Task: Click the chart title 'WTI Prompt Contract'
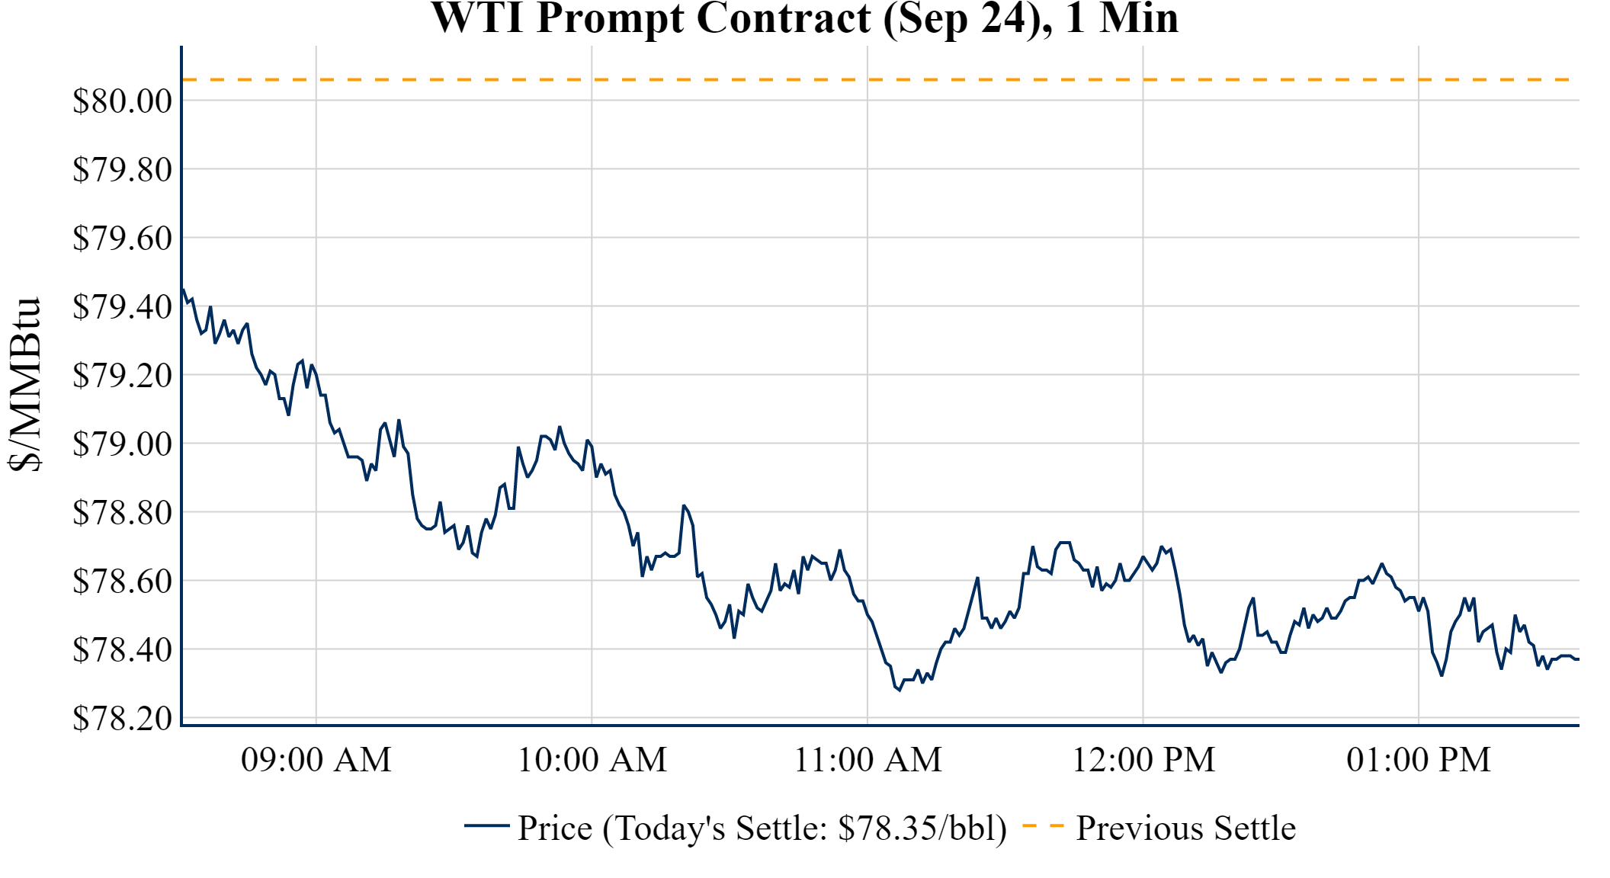click(x=804, y=18)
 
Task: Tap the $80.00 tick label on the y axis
click(x=122, y=101)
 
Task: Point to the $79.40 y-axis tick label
click(x=122, y=307)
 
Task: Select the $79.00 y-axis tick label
click(x=122, y=444)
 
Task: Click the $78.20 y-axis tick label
click(x=122, y=718)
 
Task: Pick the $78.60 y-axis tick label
click(x=122, y=581)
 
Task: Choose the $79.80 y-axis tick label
click(x=122, y=169)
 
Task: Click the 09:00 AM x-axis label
click(x=316, y=760)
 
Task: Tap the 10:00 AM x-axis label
click(x=592, y=760)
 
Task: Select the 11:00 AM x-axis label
click(x=868, y=760)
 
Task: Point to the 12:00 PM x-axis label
click(x=1143, y=760)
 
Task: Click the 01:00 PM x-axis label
click(x=1419, y=760)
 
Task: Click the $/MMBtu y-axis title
click(x=24, y=385)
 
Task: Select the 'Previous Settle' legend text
click(x=1185, y=828)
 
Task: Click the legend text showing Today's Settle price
click(x=762, y=828)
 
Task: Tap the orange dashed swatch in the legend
click(x=1043, y=826)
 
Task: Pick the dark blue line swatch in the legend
click(x=486, y=825)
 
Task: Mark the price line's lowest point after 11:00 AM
click(x=900, y=690)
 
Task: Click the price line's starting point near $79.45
click(x=183, y=289)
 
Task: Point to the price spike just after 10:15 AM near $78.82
click(x=684, y=505)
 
